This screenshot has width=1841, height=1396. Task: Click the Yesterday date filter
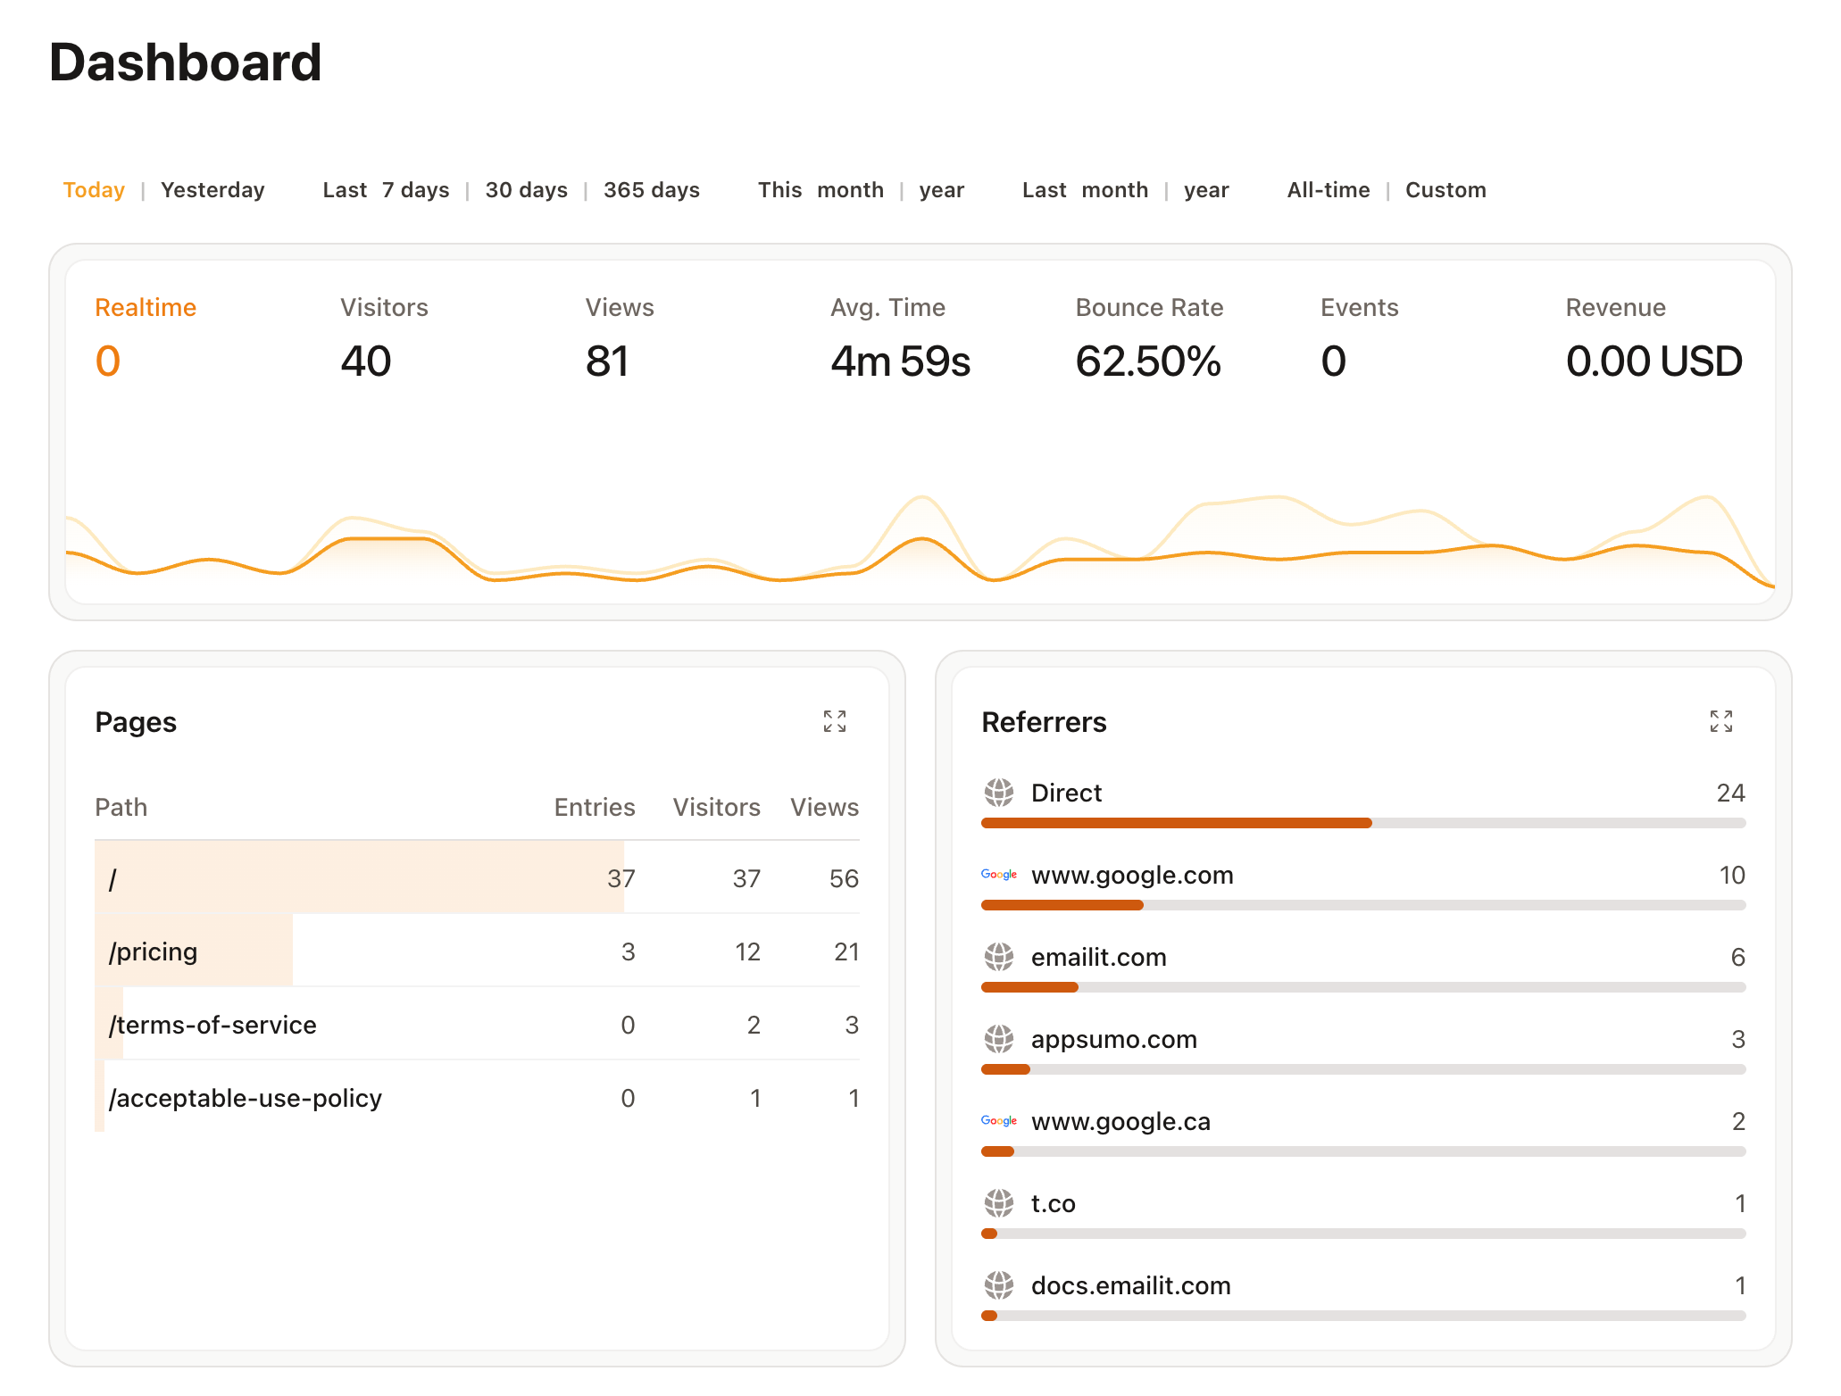[212, 190]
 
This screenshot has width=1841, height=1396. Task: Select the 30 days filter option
[526, 190]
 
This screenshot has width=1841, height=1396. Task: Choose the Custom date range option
[1445, 190]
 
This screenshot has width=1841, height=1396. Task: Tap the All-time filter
[1328, 190]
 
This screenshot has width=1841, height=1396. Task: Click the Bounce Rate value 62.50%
[1147, 361]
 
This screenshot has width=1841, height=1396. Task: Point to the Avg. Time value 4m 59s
[899, 361]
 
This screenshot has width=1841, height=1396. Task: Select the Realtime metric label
[146, 308]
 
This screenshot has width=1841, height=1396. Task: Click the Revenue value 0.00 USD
[1653, 361]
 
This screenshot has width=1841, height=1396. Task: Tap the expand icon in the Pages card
[834, 721]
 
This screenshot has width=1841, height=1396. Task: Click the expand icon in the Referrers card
[1720, 721]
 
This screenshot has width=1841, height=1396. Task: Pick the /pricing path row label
[153, 951]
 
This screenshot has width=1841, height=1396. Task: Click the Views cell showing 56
[843, 879]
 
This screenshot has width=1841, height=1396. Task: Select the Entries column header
[594, 808]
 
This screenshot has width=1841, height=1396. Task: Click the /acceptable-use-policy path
[245, 1098]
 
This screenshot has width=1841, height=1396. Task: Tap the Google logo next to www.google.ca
[998, 1121]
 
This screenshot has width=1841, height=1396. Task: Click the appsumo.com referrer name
[1113, 1040]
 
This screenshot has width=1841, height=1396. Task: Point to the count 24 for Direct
[1729, 794]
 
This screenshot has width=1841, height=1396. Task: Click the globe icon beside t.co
[998, 1203]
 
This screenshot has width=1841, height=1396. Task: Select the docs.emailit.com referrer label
[1130, 1286]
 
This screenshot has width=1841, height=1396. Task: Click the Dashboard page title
[185, 62]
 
